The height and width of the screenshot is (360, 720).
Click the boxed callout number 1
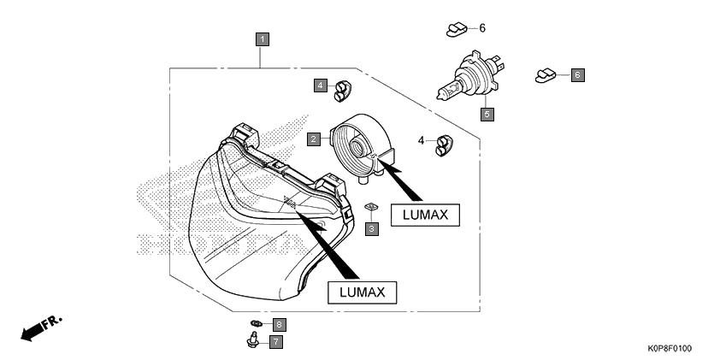pos(263,39)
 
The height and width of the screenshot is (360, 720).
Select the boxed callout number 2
pos(314,139)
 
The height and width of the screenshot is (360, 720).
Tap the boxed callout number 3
pos(372,228)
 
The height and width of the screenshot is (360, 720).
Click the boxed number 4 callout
pos(321,86)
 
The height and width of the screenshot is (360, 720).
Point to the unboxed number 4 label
pos(421,140)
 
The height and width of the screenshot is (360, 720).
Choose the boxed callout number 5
pos(487,114)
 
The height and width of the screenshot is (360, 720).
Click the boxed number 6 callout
pos(578,75)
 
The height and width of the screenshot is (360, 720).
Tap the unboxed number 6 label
pos(482,28)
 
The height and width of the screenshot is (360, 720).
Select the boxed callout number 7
pos(276,342)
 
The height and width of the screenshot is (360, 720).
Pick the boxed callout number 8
pos(279,325)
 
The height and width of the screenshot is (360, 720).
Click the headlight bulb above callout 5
pos(470,76)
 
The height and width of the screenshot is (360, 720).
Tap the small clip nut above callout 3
pos(371,207)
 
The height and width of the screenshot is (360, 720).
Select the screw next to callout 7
pos(252,340)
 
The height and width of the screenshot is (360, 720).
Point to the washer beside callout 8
pos(257,324)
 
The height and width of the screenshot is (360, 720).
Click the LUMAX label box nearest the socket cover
pos(425,215)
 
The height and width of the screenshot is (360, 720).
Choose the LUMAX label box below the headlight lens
pos(362,292)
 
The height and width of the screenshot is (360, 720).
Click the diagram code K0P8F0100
pos(670,349)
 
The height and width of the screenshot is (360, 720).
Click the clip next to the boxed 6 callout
pos(546,76)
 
